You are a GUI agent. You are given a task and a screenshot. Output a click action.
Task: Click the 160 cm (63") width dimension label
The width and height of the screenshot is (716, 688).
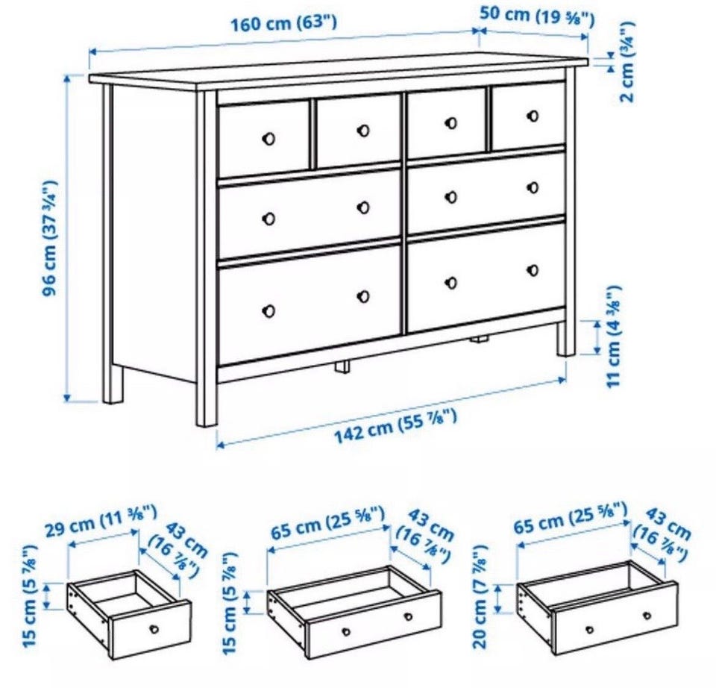(283, 23)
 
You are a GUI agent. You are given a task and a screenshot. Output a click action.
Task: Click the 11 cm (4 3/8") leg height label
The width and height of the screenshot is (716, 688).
(613, 337)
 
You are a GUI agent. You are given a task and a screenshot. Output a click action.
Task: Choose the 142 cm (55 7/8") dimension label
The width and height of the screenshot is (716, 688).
(395, 426)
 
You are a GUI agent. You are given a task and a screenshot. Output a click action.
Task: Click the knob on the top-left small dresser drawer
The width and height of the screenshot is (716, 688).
(268, 139)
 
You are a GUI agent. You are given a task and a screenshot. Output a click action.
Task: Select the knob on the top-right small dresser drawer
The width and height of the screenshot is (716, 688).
(533, 116)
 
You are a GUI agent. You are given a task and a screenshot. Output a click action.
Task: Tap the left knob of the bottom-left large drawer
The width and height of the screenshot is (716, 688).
(268, 311)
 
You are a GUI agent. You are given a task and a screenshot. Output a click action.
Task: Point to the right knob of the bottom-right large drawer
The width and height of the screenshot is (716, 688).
(533, 270)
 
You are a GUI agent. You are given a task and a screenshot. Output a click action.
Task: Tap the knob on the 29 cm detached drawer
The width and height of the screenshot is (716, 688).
(154, 629)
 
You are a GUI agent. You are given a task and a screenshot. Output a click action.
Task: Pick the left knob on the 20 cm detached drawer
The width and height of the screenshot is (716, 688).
(589, 630)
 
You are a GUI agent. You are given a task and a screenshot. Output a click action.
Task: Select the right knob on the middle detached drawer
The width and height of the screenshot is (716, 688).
(408, 616)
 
